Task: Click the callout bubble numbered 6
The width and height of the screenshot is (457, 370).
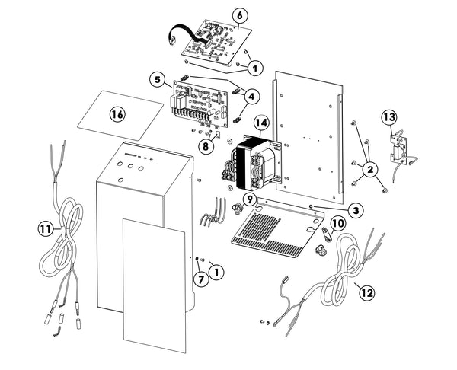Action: coord(238,15)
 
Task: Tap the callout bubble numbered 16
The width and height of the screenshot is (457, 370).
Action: coord(117,114)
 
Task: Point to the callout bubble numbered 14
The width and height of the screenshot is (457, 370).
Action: coord(261,123)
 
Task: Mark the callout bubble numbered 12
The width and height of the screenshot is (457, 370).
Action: coord(367,292)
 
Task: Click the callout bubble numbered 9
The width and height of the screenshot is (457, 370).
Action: coord(248,199)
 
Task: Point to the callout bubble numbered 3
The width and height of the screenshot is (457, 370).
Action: coord(355,209)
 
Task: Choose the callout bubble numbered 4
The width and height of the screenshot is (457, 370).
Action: coord(252,96)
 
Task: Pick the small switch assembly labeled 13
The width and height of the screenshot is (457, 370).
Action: coord(398,147)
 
